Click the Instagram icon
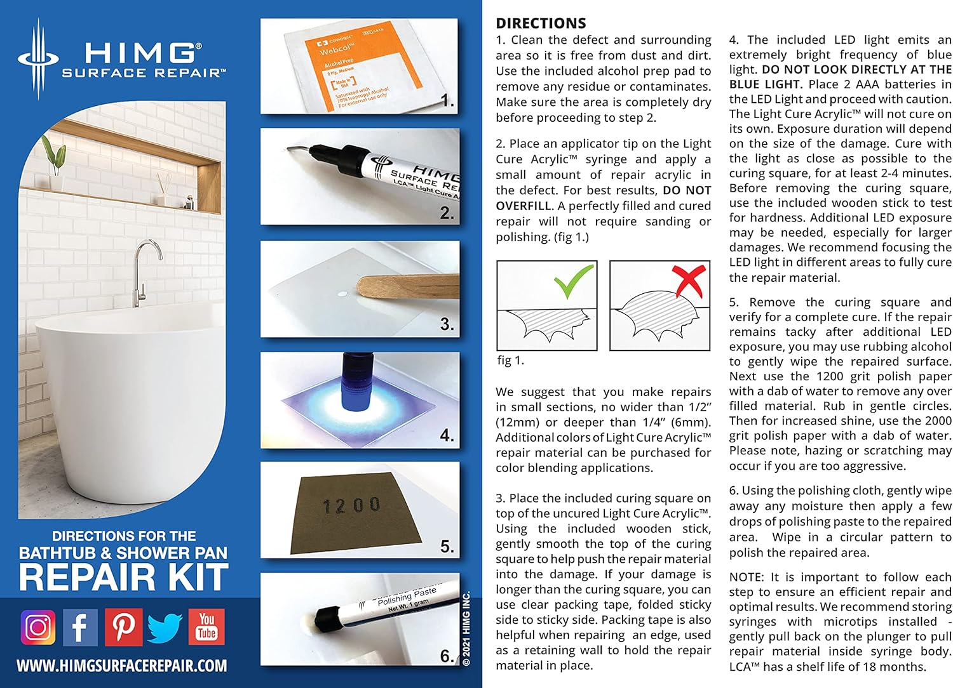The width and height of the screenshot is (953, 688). (38, 627)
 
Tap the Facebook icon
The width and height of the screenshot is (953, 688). (80, 627)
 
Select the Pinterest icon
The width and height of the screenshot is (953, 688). (123, 627)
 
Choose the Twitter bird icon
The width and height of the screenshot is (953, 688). (165, 627)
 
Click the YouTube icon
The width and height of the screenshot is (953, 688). (206, 627)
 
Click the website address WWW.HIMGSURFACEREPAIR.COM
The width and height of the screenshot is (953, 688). (121, 666)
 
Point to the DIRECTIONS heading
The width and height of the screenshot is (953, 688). (541, 23)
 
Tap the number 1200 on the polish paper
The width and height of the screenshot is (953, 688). (351, 506)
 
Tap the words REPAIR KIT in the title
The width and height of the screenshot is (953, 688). (123, 577)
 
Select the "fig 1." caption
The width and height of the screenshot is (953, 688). (510, 361)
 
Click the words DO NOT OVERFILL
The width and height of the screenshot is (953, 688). (604, 198)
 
